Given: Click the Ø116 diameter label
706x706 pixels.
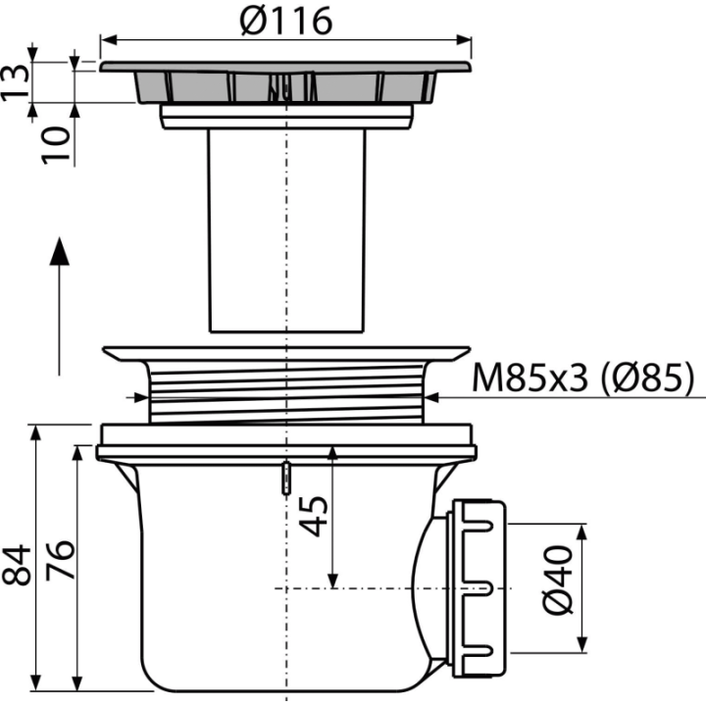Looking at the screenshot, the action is click(x=286, y=21).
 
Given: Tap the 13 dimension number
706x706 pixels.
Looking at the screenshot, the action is click(x=16, y=81).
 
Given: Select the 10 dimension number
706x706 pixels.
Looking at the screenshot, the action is click(x=57, y=145).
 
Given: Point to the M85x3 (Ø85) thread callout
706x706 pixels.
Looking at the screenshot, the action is click(x=582, y=378).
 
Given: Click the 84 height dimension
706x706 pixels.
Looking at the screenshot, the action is click(x=17, y=566).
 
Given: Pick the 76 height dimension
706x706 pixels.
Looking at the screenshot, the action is click(x=60, y=560).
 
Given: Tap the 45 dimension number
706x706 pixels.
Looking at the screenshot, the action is click(x=314, y=517).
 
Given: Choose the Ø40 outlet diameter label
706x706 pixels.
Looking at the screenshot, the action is click(x=558, y=580).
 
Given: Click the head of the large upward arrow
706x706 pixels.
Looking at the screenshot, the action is click(x=59, y=251).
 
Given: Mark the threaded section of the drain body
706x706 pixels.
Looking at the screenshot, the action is click(x=286, y=391).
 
